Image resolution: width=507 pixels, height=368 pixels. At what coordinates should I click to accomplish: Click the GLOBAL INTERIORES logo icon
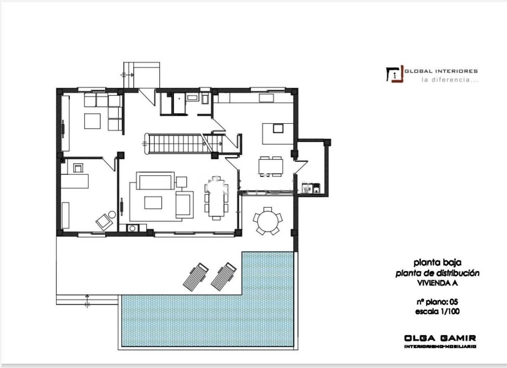click(395, 74)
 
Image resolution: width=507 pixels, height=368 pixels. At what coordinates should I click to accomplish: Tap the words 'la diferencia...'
click(450, 80)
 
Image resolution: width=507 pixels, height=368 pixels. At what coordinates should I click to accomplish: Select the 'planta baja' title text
click(437, 263)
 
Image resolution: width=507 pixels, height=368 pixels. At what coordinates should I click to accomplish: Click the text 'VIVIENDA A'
click(437, 283)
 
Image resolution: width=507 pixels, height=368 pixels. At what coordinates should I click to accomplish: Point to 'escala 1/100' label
click(437, 311)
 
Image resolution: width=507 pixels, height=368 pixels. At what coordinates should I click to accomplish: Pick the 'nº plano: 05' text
click(437, 302)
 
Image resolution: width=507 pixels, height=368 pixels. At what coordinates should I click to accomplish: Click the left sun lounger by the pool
click(196, 277)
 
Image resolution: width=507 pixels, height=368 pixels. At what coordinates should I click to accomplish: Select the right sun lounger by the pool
click(224, 277)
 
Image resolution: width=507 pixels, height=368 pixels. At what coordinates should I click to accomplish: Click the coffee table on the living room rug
click(153, 203)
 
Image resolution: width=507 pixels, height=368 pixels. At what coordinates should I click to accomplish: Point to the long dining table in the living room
click(217, 199)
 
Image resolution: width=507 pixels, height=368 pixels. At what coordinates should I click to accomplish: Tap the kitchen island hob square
click(278, 128)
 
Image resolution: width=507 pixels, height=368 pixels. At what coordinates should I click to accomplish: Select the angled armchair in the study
click(104, 222)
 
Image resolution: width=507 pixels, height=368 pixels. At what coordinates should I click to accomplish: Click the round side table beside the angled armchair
click(112, 214)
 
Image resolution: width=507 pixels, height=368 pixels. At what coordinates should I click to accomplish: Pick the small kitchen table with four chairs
click(271, 166)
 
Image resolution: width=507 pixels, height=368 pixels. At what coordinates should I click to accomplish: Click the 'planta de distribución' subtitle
click(437, 273)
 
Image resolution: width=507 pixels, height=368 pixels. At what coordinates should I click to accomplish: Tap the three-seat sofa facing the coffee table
click(155, 181)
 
